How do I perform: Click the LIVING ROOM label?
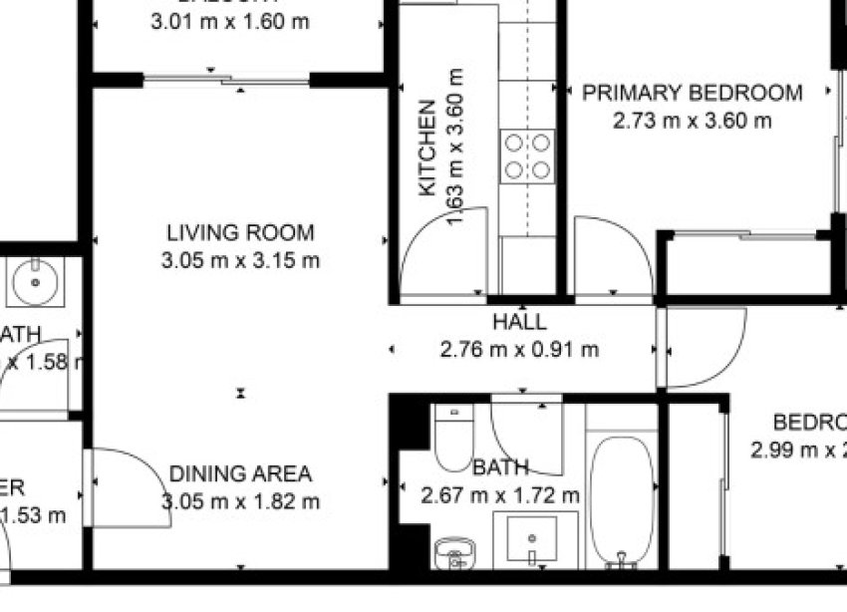click(x=240, y=233)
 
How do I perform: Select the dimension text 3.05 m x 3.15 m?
click(x=240, y=261)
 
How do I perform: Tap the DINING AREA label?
click(x=240, y=474)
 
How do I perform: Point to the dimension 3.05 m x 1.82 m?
click(x=240, y=501)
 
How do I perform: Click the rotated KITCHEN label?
click(x=427, y=148)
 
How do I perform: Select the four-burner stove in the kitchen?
click(x=527, y=156)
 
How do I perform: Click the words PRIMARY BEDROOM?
click(x=692, y=94)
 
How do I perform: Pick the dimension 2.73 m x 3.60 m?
click(x=692, y=122)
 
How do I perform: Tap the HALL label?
click(x=519, y=322)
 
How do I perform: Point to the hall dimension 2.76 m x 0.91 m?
click(x=519, y=350)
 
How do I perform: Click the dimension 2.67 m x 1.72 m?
click(x=500, y=494)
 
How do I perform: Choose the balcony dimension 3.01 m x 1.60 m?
click(x=229, y=21)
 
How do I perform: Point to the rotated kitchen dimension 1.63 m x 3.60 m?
click(x=456, y=148)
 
